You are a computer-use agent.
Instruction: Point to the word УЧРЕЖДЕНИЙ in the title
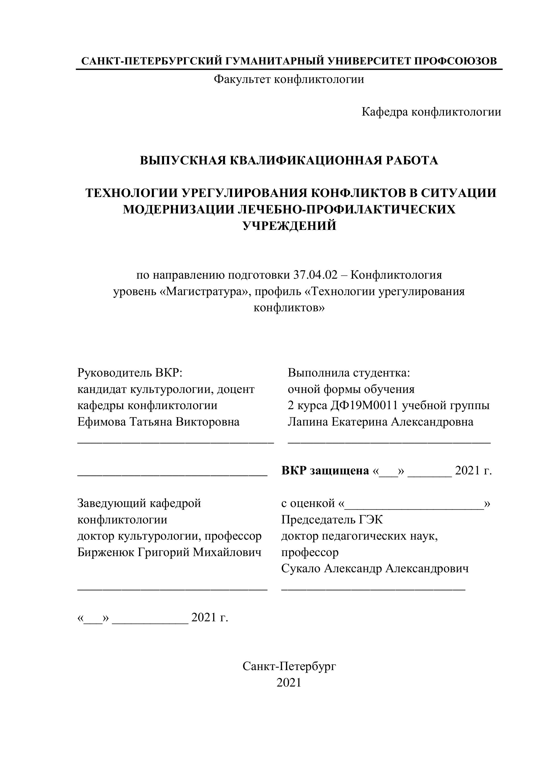click(x=289, y=226)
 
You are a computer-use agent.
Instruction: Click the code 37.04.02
click(x=315, y=275)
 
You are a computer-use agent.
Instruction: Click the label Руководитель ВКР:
click(x=130, y=373)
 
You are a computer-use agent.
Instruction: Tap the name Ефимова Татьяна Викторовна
click(x=158, y=422)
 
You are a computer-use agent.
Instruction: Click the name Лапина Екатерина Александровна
click(x=380, y=422)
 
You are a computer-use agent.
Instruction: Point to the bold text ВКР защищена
click(x=325, y=470)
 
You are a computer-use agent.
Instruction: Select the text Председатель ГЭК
click(x=332, y=520)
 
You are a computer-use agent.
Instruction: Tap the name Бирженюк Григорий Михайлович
click(x=169, y=552)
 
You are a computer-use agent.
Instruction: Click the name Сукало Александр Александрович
click(x=375, y=569)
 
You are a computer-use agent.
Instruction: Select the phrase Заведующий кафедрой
click(x=139, y=503)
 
